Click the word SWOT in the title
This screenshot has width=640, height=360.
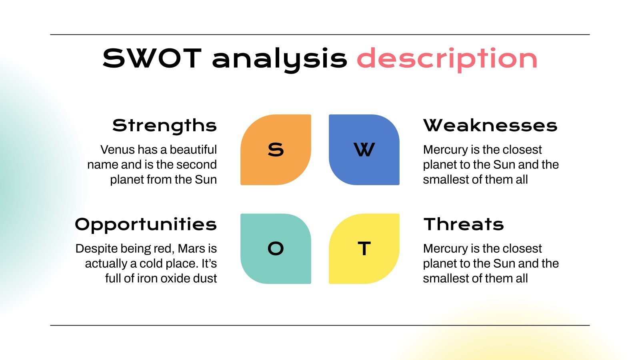click(x=151, y=58)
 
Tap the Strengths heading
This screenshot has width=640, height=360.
click(x=164, y=126)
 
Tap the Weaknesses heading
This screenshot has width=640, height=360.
click(x=490, y=126)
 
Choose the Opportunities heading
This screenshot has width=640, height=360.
click(x=146, y=224)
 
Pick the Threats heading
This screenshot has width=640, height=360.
click(x=464, y=224)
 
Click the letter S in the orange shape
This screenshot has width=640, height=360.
click(x=276, y=150)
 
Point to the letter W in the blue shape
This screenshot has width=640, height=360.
click(x=364, y=150)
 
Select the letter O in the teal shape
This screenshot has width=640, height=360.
click(x=276, y=249)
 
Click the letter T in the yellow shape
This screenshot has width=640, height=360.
click(x=364, y=249)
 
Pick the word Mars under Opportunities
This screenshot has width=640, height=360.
click(x=190, y=248)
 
